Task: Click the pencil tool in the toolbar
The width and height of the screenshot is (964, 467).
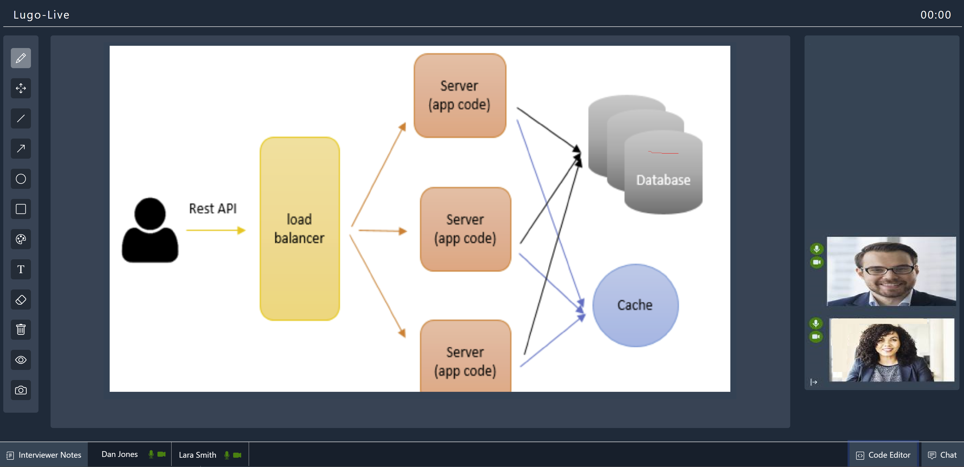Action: (21, 58)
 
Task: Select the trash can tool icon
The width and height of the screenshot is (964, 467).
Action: (21, 330)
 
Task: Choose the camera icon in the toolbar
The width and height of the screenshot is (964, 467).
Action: (21, 390)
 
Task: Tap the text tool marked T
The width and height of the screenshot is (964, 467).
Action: (21, 269)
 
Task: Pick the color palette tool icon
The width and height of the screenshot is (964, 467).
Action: (21, 239)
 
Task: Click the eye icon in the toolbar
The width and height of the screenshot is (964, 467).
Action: (21, 360)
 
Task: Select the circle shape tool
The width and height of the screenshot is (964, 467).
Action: (21, 179)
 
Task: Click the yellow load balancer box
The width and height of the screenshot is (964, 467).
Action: (299, 228)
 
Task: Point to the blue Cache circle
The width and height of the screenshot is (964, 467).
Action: (635, 305)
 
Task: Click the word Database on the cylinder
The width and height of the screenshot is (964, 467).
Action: (663, 180)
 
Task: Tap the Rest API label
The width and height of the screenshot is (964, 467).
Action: (213, 208)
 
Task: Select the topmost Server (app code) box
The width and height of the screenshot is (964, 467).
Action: (459, 95)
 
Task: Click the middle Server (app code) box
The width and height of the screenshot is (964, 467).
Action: (465, 229)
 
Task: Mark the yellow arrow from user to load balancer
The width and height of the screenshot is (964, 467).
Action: (215, 230)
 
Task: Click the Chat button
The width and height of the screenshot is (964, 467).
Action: (942, 455)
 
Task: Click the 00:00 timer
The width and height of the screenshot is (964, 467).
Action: (936, 15)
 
